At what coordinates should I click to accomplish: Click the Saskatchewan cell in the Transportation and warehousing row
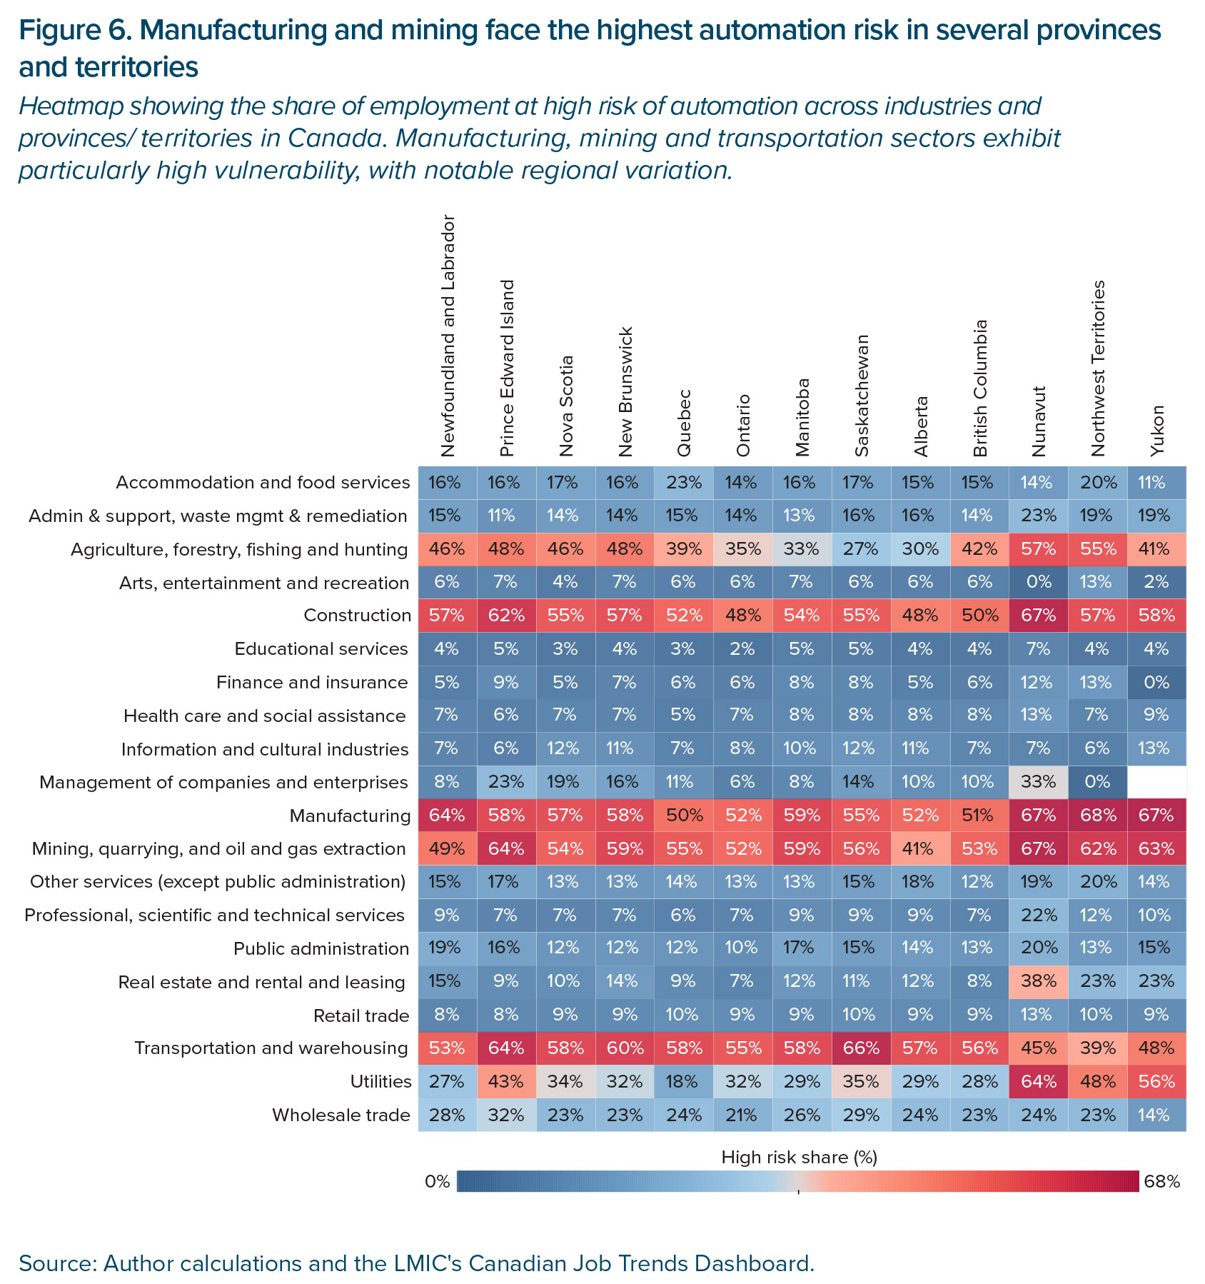click(861, 1048)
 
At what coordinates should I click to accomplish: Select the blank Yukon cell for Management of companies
click(1156, 782)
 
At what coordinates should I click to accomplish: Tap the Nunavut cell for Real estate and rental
click(1038, 982)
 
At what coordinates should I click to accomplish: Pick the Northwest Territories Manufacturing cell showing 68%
click(1097, 816)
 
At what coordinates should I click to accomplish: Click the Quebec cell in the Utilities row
click(683, 1082)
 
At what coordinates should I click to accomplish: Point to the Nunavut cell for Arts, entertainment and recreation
click(1038, 582)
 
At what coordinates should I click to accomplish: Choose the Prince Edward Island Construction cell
click(506, 615)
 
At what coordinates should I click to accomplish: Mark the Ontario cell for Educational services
click(742, 648)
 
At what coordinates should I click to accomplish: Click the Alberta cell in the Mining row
click(920, 848)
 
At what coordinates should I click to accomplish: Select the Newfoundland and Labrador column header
click(448, 336)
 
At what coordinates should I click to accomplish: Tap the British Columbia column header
click(980, 388)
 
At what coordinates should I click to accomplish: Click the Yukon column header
click(1157, 431)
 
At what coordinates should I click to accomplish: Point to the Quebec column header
click(683, 423)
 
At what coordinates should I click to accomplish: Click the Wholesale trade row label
click(341, 1115)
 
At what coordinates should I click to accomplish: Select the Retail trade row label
click(361, 1015)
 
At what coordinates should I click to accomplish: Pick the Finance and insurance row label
click(312, 682)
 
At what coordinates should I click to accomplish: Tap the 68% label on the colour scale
click(1162, 1182)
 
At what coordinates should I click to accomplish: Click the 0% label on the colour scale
click(437, 1182)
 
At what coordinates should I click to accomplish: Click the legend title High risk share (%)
click(799, 1158)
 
